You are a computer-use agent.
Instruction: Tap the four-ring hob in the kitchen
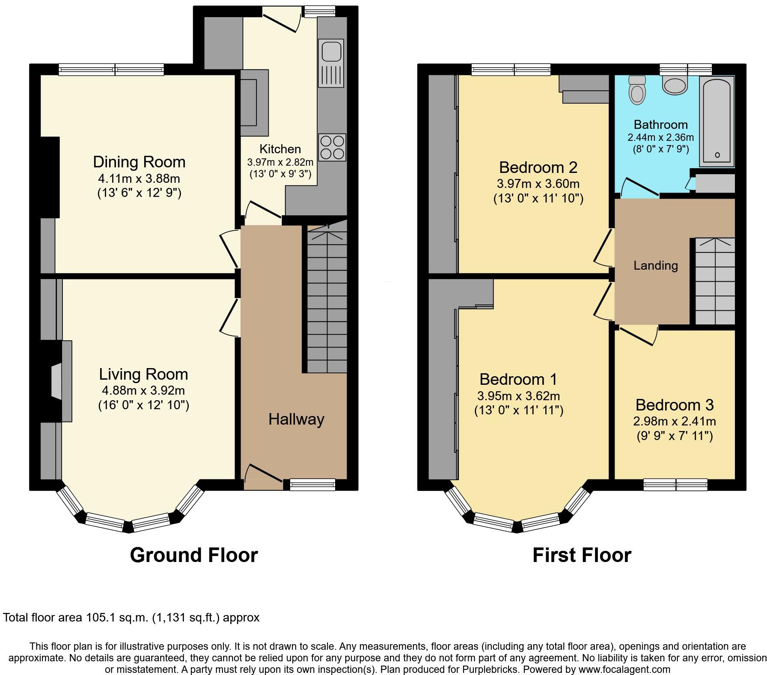coord(332,147)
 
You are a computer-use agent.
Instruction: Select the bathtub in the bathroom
coord(716,122)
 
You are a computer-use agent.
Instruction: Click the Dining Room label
coord(139,162)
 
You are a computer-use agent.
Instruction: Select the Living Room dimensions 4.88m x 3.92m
coord(143,390)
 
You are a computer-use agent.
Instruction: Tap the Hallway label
coord(296,419)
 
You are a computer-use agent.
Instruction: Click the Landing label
coord(655,265)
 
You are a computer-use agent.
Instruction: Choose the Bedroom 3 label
coord(674,404)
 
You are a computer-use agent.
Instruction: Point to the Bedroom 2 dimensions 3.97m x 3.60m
coord(538,184)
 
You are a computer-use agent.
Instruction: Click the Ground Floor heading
coord(193,555)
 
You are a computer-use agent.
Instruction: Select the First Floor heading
coord(582,555)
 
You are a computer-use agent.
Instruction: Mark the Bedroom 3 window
coord(675,484)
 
